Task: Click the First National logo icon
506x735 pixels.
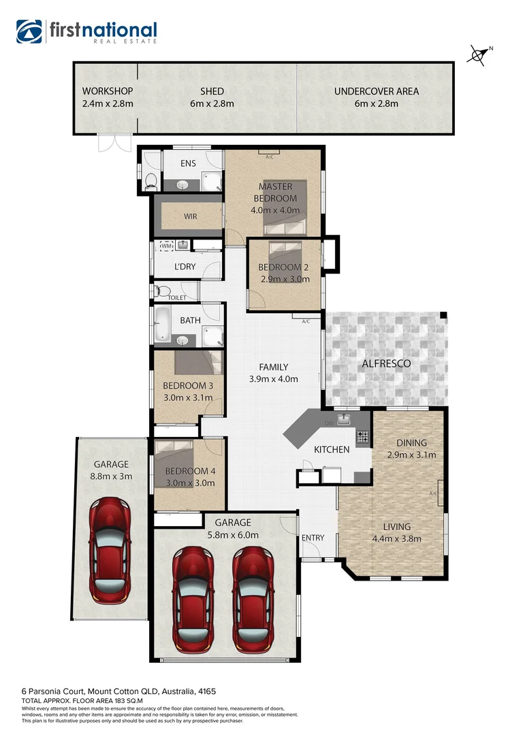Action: (29, 31)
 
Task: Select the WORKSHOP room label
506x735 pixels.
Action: (107, 91)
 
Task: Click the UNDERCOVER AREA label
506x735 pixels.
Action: (376, 91)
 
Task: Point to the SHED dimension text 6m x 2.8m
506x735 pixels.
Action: (212, 104)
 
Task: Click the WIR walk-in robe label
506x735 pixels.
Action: (190, 216)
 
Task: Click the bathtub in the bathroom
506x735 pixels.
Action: (163, 324)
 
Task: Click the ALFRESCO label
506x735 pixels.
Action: (386, 363)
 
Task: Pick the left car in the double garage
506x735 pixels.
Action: (193, 597)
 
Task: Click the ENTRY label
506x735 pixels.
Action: (313, 538)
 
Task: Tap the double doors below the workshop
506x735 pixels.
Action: (113, 143)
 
